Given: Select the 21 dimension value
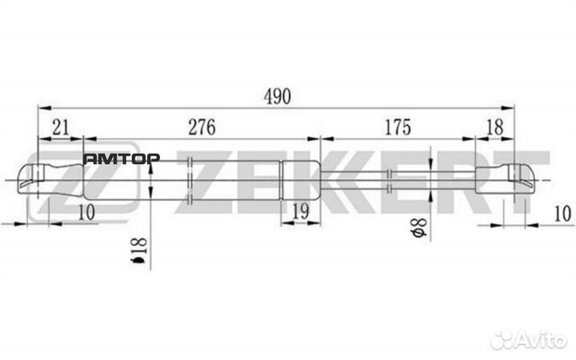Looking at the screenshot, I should point(59,127).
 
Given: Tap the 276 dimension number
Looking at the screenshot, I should point(202,127).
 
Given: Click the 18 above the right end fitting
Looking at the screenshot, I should point(494,127).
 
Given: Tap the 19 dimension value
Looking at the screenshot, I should point(300,211).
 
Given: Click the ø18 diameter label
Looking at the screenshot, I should point(139,251).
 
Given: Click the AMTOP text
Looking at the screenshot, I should point(122,158).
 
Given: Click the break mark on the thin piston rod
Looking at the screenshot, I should point(389,181).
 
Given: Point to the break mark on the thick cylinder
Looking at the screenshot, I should point(190,180).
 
